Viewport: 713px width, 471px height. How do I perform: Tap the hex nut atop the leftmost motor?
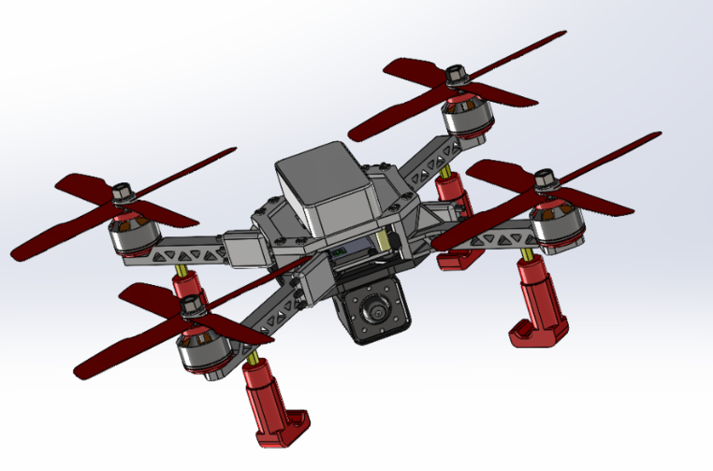[123, 193]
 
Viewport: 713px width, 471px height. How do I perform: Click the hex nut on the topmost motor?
[457, 73]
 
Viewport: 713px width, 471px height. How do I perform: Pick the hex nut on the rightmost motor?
[545, 178]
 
